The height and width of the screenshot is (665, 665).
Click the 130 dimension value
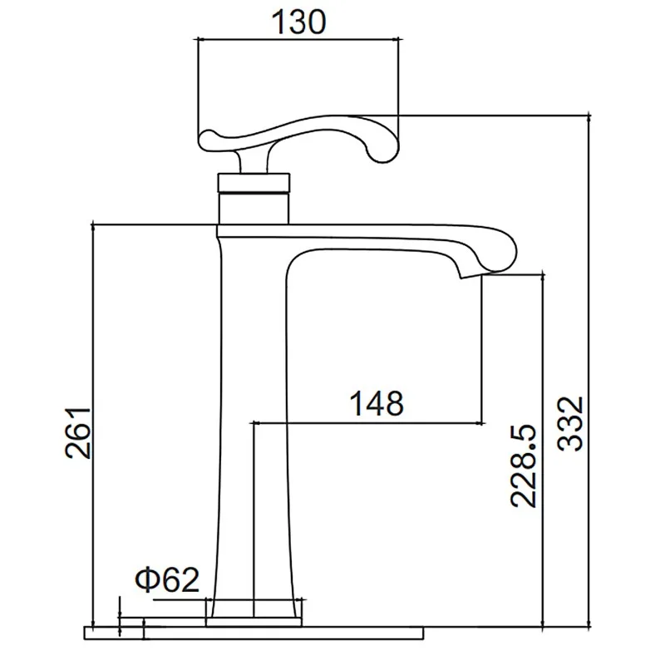299,22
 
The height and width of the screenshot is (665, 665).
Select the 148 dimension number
377,403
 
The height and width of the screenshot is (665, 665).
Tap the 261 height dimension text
78,433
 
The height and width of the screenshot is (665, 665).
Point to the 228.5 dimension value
525,465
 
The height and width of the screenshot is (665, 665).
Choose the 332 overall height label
571,424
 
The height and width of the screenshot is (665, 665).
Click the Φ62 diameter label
167,579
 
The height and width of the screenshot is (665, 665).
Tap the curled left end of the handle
208,139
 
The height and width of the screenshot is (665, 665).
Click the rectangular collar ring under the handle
254,183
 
